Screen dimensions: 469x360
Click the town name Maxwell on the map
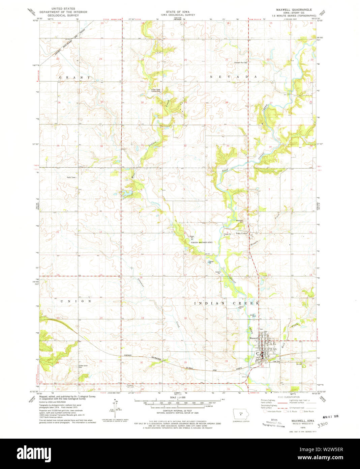(253, 338)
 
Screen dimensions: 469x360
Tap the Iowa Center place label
(242, 233)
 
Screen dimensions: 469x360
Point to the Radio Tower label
(71, 177)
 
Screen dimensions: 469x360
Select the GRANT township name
(75, 77)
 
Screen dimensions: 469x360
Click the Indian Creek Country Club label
(156, 90)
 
